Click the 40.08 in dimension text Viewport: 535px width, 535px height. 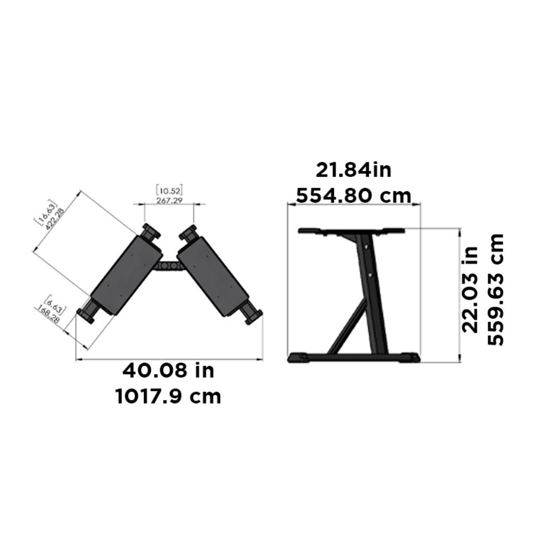(x=168, y=371)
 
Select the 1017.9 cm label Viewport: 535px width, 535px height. (x=168, y=396)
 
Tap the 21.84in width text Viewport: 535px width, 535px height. (x=354, y=170)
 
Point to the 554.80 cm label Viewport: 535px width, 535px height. (x=354, y=195)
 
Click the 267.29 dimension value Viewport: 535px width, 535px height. (x=169, y=201)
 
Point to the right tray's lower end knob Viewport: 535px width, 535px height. (x=252, y=314)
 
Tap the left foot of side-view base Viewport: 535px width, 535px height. (x=297, y=358)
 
